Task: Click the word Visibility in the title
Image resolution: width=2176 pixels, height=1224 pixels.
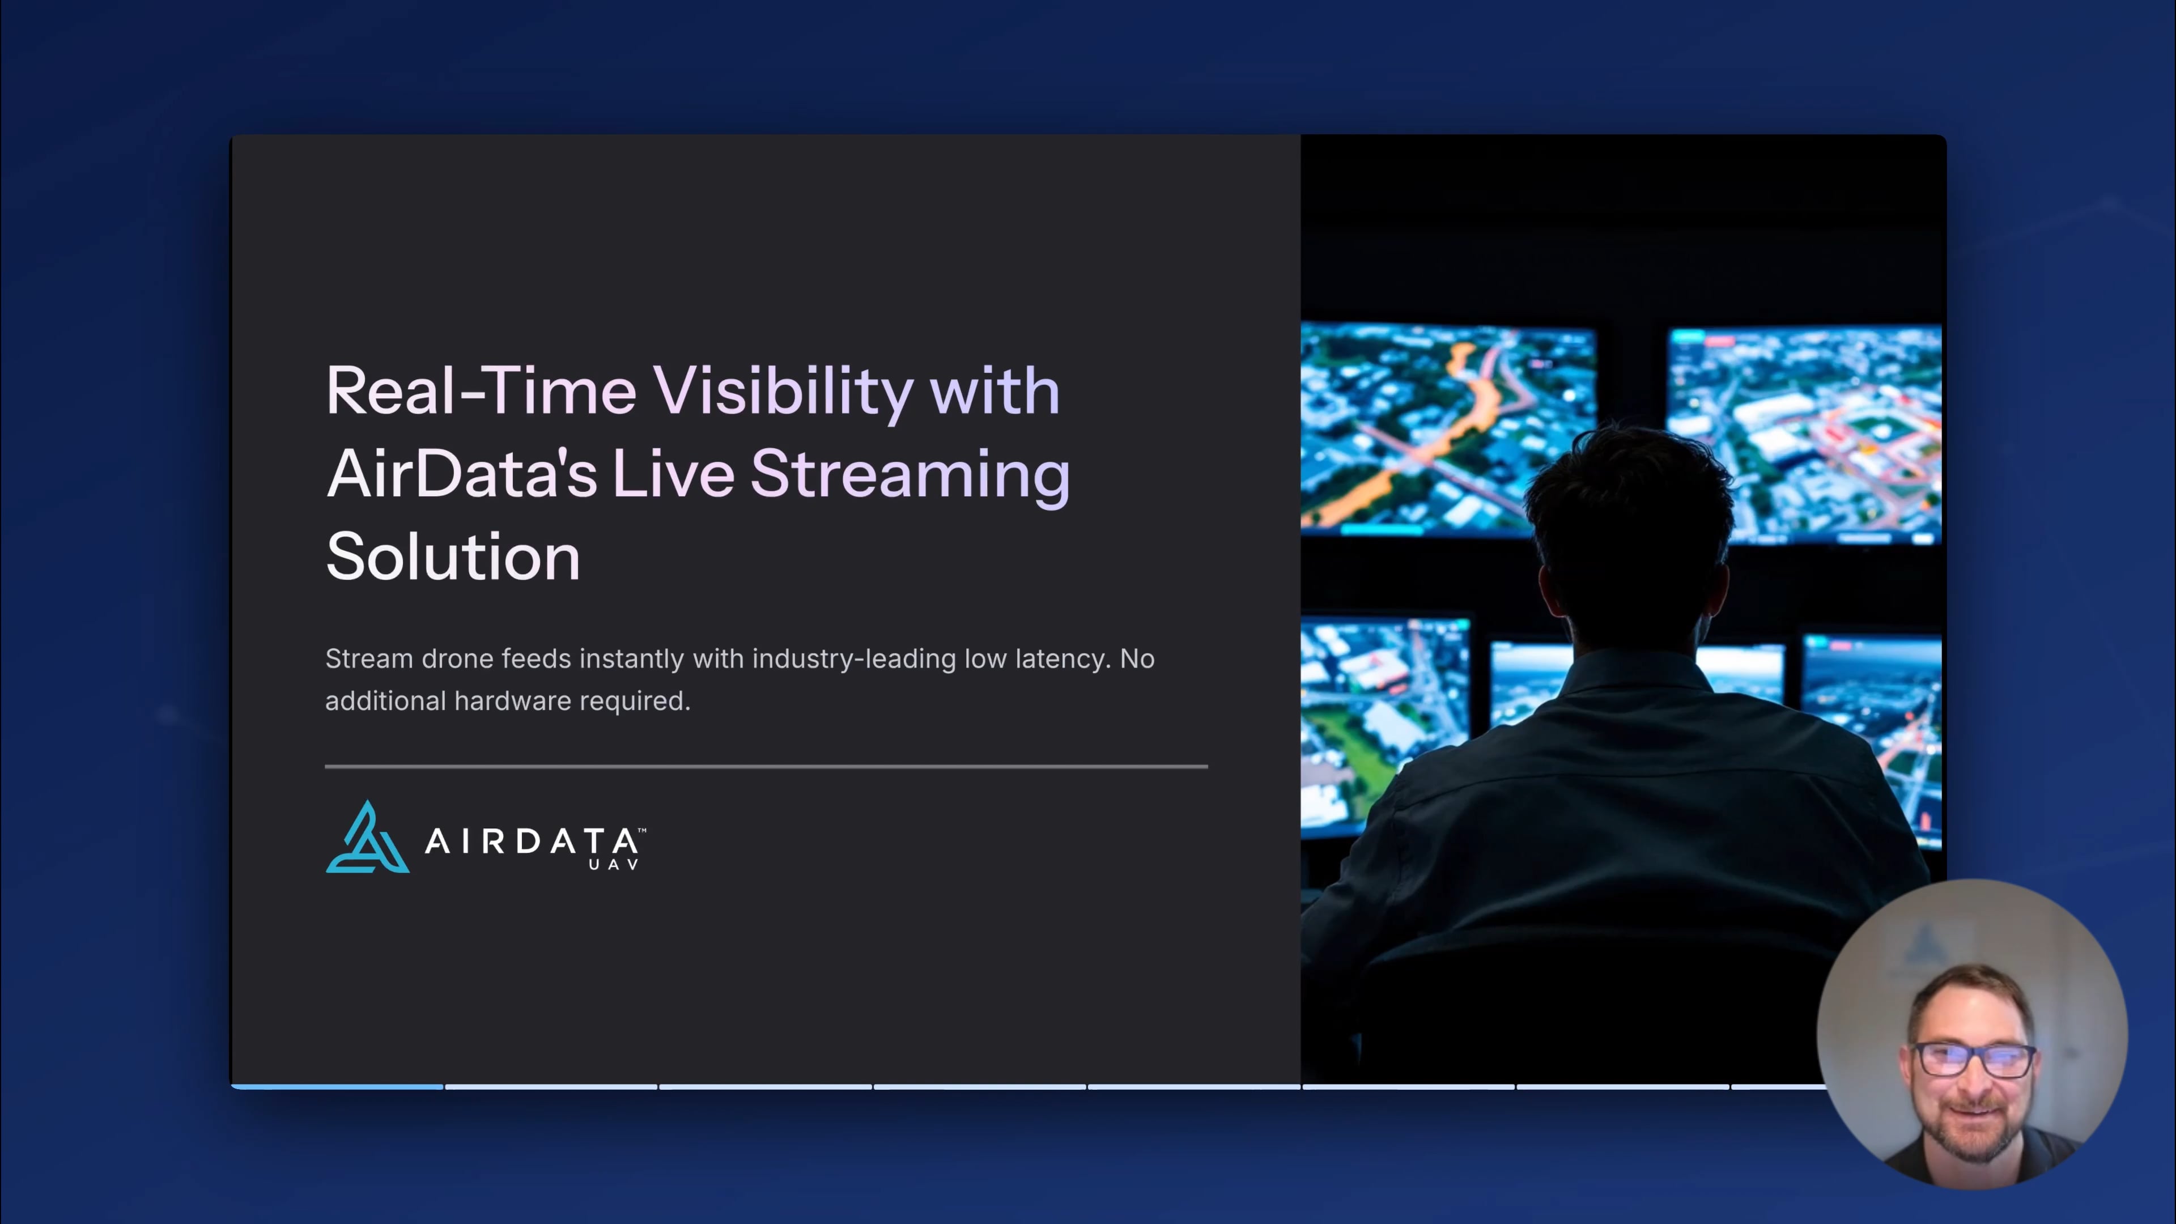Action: [x=782, y=393]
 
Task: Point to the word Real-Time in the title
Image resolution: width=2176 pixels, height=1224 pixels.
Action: [x=480, y=393]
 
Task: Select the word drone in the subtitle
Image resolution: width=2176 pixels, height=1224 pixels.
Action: [x=457, y=659]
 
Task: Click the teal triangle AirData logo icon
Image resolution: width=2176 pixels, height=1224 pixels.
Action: [x=367, y=839]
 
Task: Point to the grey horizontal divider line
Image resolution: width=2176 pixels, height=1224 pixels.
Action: [x=766, y=766]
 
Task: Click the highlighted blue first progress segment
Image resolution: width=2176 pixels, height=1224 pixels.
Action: [x=338, y=1086]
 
